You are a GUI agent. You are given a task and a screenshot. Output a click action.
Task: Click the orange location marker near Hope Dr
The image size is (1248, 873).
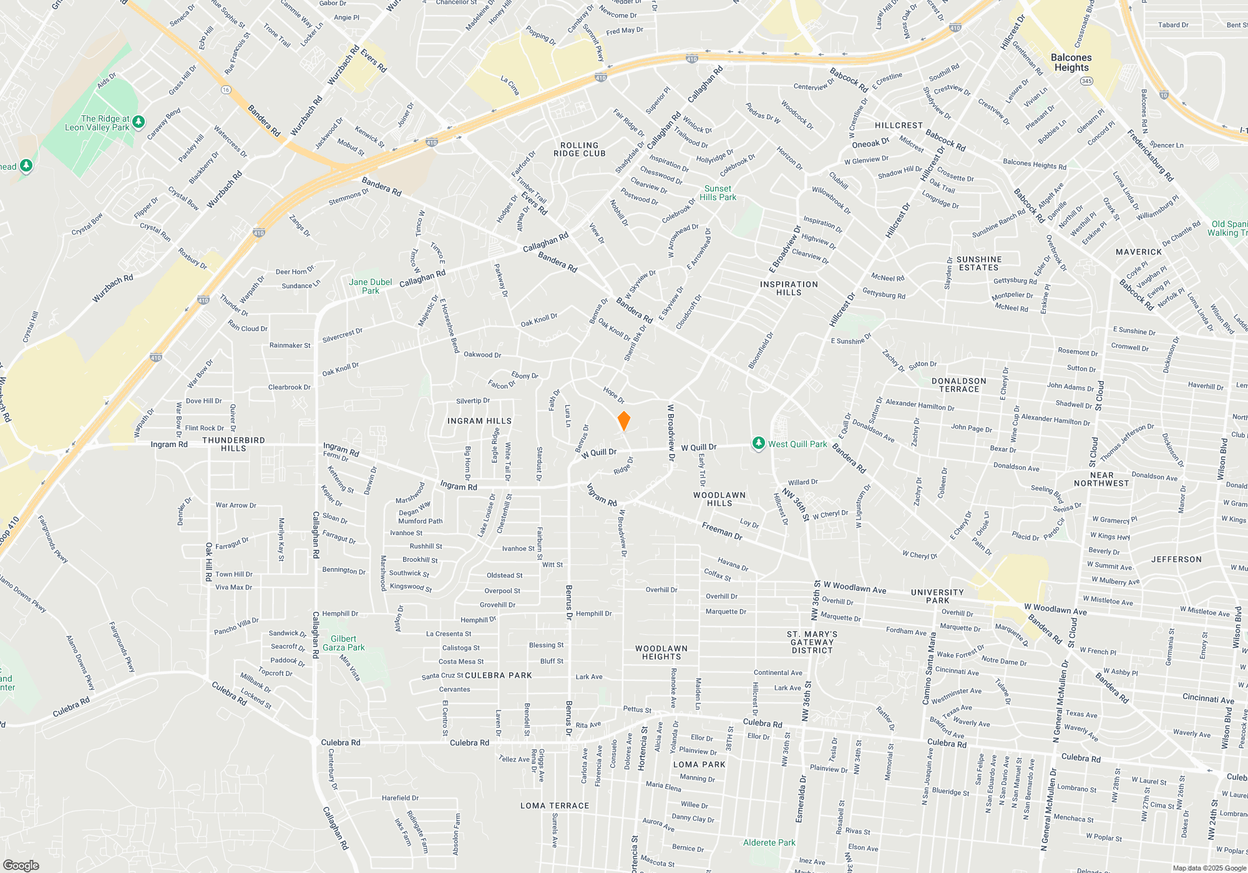click(x=623, y=421)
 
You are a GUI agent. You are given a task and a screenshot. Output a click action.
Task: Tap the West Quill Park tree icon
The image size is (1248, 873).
click(x=758, y=443)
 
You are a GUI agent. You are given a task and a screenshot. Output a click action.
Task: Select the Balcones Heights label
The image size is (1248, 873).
click(x=1071, y=62)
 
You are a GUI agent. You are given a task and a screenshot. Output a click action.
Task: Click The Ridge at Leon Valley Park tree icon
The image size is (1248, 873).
click(x=139, y=122)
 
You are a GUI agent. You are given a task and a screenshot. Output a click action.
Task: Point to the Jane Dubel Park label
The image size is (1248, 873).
click(x=370, y=286)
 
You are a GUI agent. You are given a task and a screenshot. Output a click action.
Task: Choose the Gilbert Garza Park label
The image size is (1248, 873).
click(x=343, y=643)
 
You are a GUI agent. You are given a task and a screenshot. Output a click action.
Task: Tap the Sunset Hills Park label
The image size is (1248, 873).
click(x=718, y=193)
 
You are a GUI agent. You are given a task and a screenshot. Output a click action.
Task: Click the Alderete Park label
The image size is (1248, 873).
click(x=769, y=842)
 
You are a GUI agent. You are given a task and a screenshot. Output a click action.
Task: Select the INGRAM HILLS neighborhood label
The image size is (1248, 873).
click(x=479, y=421)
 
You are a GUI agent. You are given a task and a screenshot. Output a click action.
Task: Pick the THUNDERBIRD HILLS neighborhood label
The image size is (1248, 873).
click(x=233, y=444)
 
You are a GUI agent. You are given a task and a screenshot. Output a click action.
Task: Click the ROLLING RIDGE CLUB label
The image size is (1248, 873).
click(x=579, y=149)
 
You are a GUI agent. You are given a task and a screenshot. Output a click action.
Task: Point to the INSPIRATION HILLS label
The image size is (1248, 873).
click(x=789, y=288)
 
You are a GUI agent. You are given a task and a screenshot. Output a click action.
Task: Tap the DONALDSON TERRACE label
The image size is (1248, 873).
click(x=958, y=385)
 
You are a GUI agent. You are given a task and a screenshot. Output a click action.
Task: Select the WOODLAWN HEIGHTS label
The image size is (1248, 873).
click(x=661, y=652)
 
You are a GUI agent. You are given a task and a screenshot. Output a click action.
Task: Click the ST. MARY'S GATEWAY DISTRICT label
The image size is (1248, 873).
click(x=812, y=642)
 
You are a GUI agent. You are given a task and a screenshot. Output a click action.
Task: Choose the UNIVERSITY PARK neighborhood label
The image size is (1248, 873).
click(x=937, y=596)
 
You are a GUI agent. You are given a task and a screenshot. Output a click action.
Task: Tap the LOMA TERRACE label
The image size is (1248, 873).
click(x=555, y=806)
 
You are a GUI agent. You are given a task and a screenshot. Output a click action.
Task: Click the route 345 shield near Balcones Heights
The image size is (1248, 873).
click(x=1086, y=81)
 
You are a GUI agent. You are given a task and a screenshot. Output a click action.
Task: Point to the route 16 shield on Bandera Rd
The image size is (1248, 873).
click(x=226, y=90)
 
